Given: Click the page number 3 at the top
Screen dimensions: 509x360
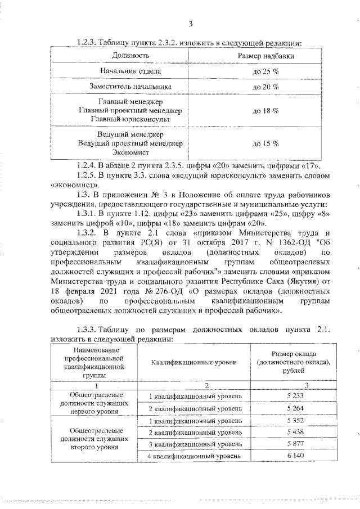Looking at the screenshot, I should (x=191, y=24).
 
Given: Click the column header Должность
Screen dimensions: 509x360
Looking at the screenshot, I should (x=130, y=56).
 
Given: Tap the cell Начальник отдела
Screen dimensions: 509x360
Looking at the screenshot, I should (x=131, y=72).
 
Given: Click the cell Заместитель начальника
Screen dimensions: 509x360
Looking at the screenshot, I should (x=130, y=87).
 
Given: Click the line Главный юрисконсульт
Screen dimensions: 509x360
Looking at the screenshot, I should (x=130, y=120).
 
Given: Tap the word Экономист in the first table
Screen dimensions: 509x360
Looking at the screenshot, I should (x=130, y=152).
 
